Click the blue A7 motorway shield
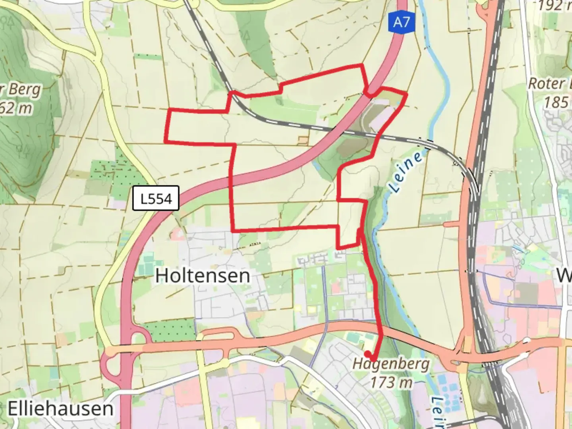[401, 23]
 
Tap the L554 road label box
[156, 198]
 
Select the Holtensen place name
[203, 275]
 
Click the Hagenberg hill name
[391, 363]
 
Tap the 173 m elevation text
[391, 382]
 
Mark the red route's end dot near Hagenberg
[367, 354]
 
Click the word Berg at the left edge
[24, 89]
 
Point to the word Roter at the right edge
[547, 84]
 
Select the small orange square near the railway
[303, 140]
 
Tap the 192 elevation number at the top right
[550, 6]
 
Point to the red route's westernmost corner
[166, 141]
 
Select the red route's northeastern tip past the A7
[406, 94]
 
